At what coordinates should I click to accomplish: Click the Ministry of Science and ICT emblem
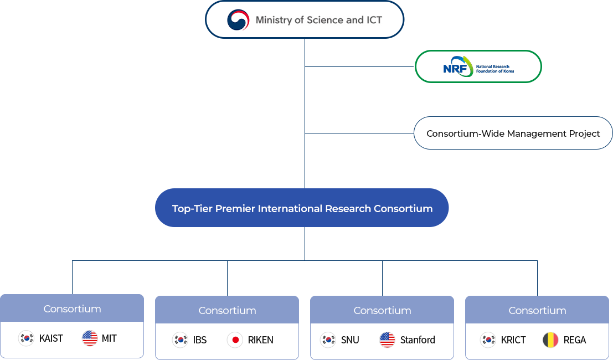(x=238, y=20)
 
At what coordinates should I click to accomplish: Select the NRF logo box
(x=478, y=67)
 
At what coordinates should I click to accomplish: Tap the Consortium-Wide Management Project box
(x=513, y=133)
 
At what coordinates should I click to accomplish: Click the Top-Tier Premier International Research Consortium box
(x=302, y=208)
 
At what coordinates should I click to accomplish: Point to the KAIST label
(x=51, y=338)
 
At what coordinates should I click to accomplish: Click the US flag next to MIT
(x=90, y=338)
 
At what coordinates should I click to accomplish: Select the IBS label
(x=200, y=340)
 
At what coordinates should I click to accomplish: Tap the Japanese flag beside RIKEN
(x=235, y=340)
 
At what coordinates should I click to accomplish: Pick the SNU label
(x=350, y=340)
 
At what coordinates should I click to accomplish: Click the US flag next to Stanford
(x=387, y=340)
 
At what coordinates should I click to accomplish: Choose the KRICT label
(x=513, y=340)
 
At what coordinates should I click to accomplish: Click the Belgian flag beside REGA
(x=550, y=340)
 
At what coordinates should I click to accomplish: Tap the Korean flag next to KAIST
(x=26, y=338)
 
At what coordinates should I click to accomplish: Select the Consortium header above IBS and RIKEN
(x=227, y=310)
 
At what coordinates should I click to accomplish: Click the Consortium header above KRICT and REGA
(x=537, y=310)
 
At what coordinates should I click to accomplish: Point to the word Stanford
(x=418, y=340)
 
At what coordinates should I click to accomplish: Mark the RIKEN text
(x=260, y=340)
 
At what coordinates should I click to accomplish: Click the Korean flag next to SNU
(x=328, y=340)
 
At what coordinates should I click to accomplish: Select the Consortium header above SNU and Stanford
(x=382, y=310)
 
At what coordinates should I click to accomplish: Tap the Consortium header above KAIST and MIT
(x=72, y=308)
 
